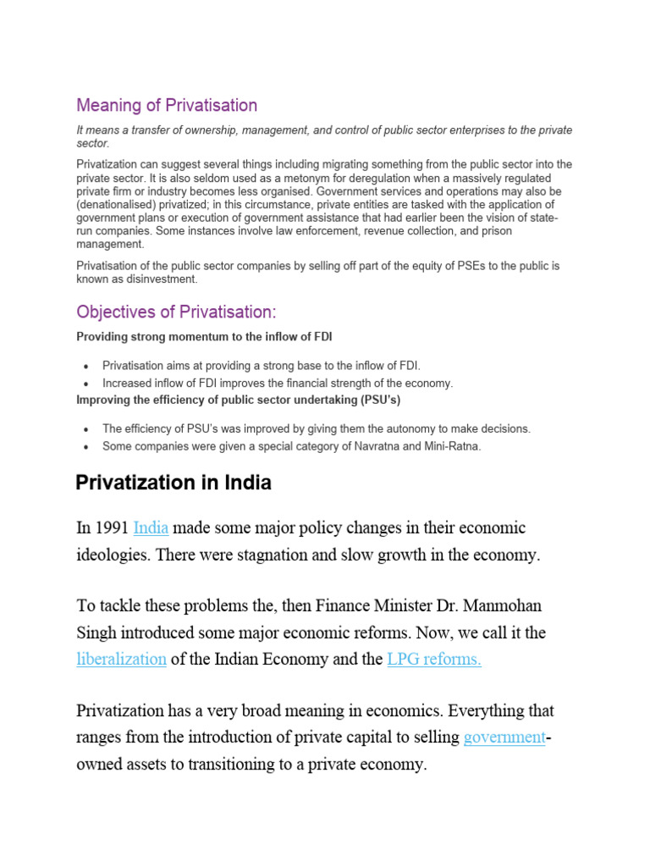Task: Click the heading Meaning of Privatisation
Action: point(167,106)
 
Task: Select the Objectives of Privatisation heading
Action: point(177,312)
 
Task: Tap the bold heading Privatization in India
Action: point(174,483)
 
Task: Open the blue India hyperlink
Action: point(151,528)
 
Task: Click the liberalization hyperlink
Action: point(121,660)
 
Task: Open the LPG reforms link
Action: point(434,660)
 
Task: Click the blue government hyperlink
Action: point(504,737)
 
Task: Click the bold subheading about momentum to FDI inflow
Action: point(204,337)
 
